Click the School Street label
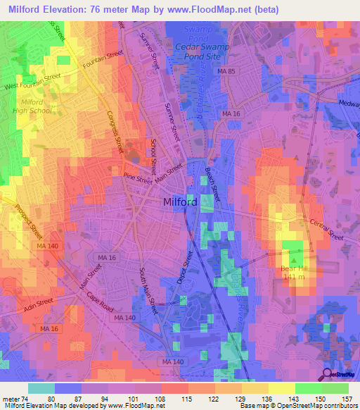(153, 156)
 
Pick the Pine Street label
(138, 179)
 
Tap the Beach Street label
(212, 182)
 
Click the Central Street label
(326, 230)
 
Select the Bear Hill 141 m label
(292, 273)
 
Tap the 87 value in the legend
(69, 399)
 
